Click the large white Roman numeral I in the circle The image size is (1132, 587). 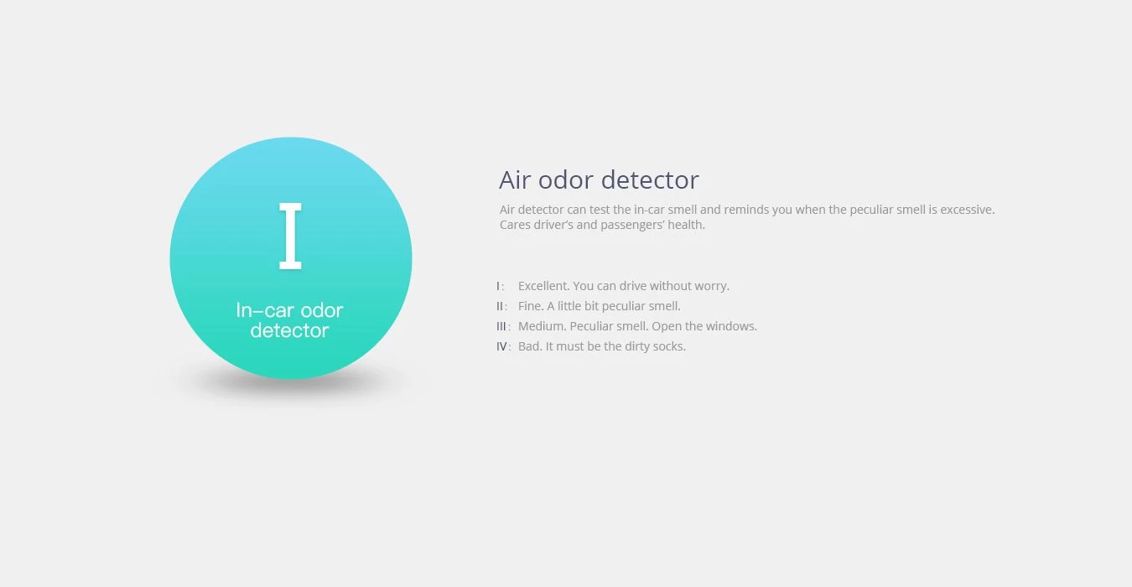[x=290, y=236]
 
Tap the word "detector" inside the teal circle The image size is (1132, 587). [x=289, y=330]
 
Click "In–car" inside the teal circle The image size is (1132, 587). [x=264, y=310]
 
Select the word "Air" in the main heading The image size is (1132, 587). [x=515, y=180]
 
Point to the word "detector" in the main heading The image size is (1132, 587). [x=650, y=180]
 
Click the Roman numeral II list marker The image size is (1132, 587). [x=500, y=306]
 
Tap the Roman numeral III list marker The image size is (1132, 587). [x=501, y=326]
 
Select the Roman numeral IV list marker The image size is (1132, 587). [x=501, y=347]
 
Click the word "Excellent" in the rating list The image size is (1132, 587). [x=543, y=286]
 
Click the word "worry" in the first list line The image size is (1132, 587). [x=712, y=287]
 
